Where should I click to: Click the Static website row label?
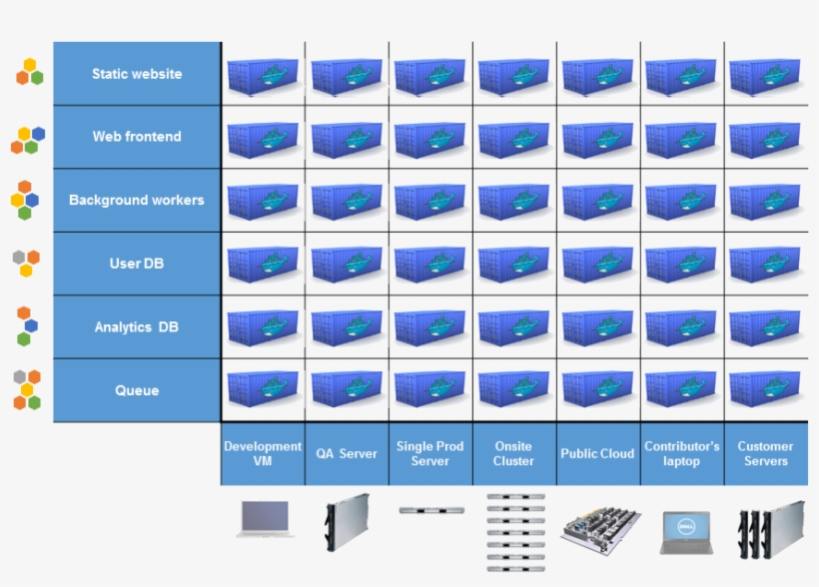point(137,74)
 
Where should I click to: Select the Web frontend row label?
point(137,137)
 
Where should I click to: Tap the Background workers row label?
point(137,200)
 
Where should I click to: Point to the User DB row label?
point(137,264)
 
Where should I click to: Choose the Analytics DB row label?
point(137,326)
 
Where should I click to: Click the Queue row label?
point(137,390)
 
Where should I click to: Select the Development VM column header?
point(263,453)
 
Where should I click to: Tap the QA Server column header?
point(347,453)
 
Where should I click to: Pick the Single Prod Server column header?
point(430,453)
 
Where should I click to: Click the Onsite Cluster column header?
point(513,453)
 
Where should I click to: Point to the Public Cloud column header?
point(597,453)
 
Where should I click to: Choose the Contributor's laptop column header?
point(681,453)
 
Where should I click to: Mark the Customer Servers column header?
point(765,453)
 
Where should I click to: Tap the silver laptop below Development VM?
point(265,519)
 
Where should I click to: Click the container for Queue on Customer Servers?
point(765,390)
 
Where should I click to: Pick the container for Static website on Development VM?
point(263,76)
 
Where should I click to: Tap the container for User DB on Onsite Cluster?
point(513,265)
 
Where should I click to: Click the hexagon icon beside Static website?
point(30,72)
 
